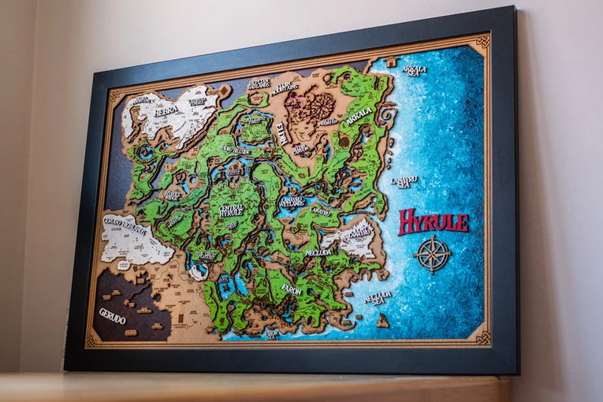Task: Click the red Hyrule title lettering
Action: point(433,221)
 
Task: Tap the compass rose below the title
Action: point(432,254)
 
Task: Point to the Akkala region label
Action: point(359,115)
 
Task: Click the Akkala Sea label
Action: point(414,70)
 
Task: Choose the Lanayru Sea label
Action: point(404,181)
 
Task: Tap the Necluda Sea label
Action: point(378,297)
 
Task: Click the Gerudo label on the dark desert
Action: point(112,315)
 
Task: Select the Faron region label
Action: point(291,290)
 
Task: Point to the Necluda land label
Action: point(318,252)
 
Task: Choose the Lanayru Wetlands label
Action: point(292,202)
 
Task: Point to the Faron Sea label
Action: point(271,333)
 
